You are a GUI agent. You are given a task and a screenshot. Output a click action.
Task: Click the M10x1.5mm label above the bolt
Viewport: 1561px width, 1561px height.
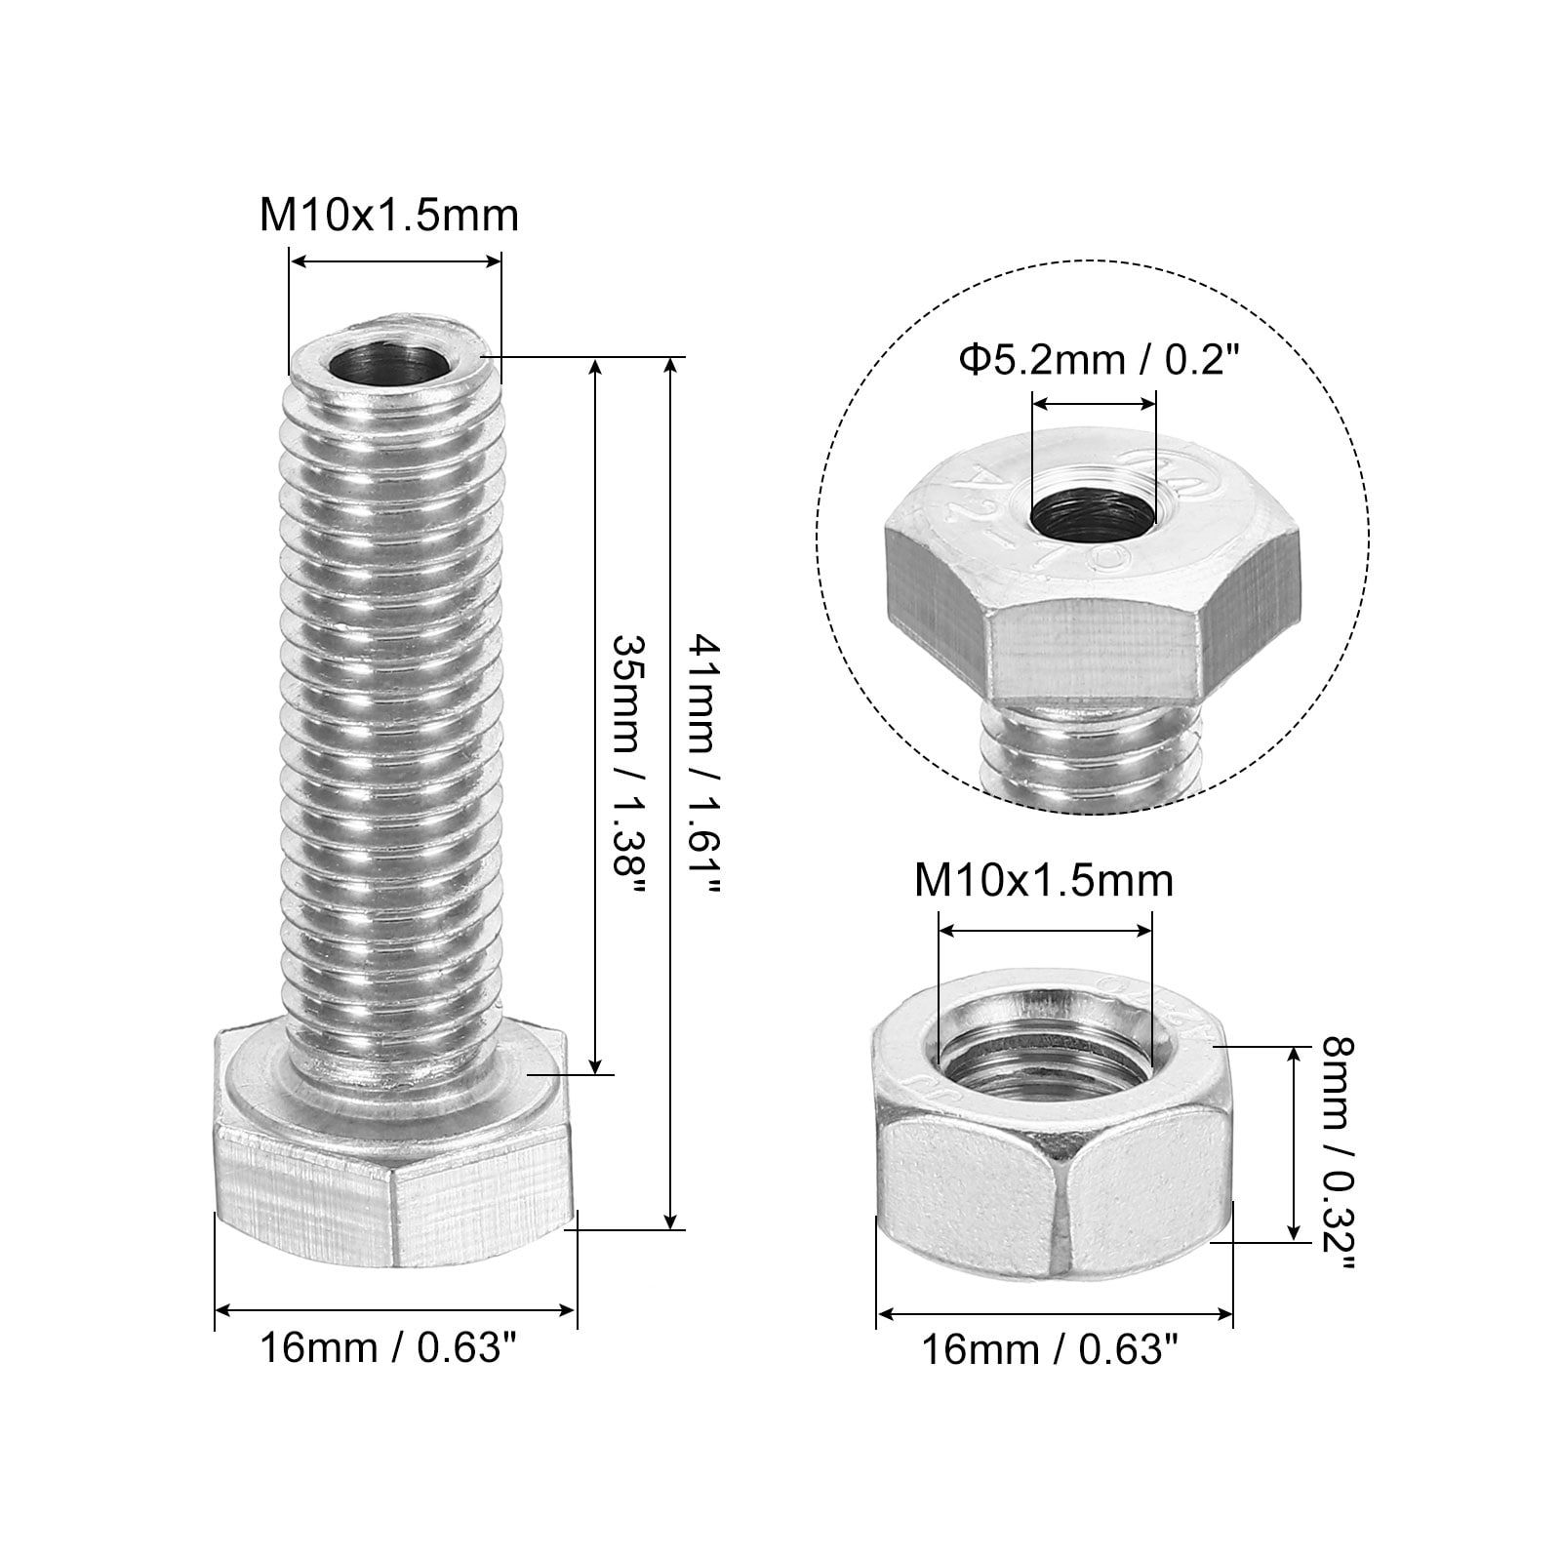pos(388,216)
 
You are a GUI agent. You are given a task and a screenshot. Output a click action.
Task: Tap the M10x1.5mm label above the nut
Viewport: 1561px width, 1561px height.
pos(1044,881)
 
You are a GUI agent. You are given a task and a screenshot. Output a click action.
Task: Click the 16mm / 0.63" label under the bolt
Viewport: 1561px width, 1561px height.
pos(387,1349)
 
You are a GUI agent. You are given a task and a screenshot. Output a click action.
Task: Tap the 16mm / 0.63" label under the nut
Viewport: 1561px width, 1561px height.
pos(1051,1351)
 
